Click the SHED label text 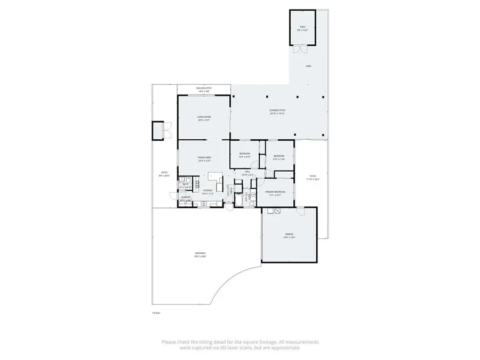click(302, 27)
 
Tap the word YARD click(308, 66)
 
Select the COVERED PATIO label click(277, 110)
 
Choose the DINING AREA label click(204, 158)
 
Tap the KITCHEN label click(207, 190)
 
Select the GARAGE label click(289, 234)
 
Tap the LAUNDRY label click(186, 197)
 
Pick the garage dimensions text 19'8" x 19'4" click(289, 237)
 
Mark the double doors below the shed click(301, 49)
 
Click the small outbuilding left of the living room click(158, 130)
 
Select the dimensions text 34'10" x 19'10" click(277, 114)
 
